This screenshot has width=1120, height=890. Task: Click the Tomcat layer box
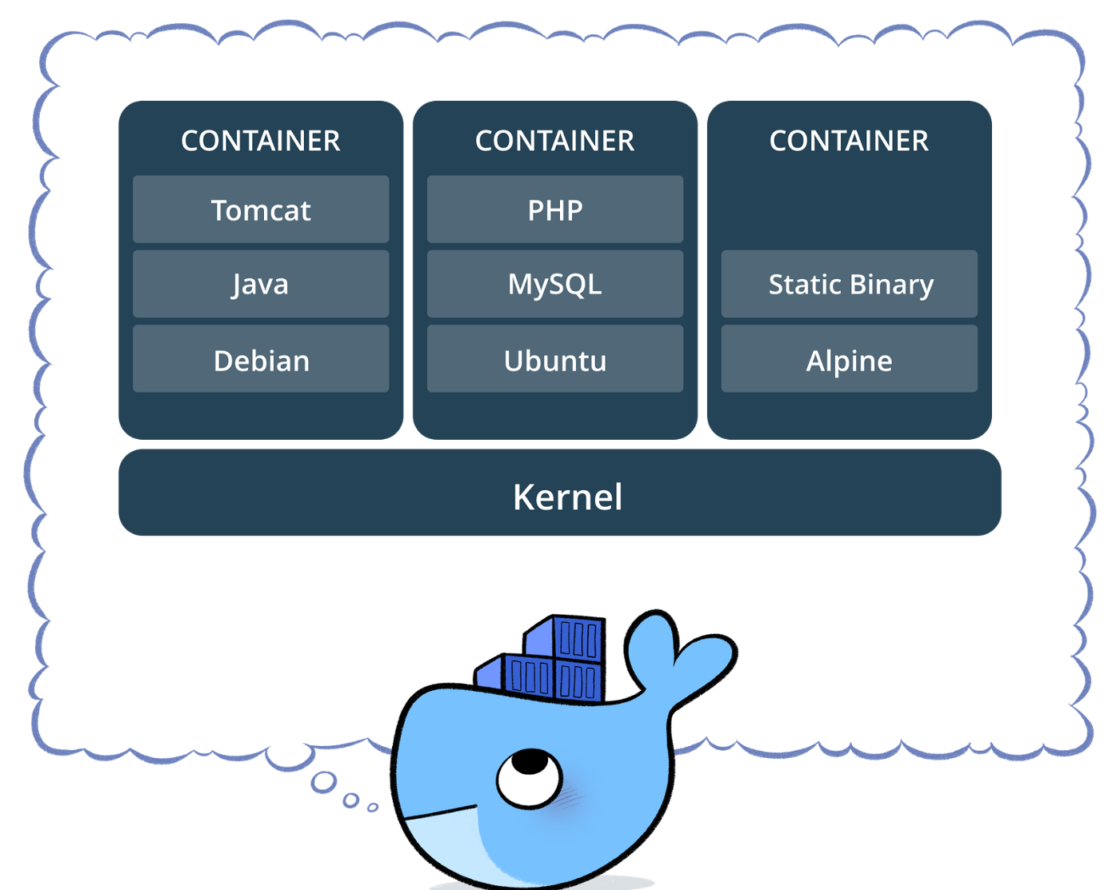(x=261, y=210)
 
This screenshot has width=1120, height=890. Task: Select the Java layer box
(x=261, y=284)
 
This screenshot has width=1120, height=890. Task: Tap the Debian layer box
(x=261, y=359)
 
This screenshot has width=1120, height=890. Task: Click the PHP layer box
(x=555, y=210)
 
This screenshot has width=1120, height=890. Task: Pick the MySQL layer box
(x=555, y=284)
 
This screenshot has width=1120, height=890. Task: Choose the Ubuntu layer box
(x=555, y=359)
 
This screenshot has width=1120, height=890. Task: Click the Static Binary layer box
(x=849, y=284)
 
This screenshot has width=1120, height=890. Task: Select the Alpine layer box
(x=849, y=359)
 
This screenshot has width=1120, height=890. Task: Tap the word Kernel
(x=567, y=497)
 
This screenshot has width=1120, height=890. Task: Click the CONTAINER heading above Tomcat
(x=261, y=141)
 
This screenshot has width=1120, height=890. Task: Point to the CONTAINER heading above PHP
(x=555, y=141)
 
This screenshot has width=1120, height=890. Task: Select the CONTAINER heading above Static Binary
(x=849, y=141)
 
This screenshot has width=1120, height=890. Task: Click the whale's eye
(x=529, y=776)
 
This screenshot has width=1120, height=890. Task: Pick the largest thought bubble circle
(x=324, y=782)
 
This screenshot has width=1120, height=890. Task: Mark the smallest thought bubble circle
(x=373, y=807)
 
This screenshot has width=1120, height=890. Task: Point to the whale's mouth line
(x=440, y=814)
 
